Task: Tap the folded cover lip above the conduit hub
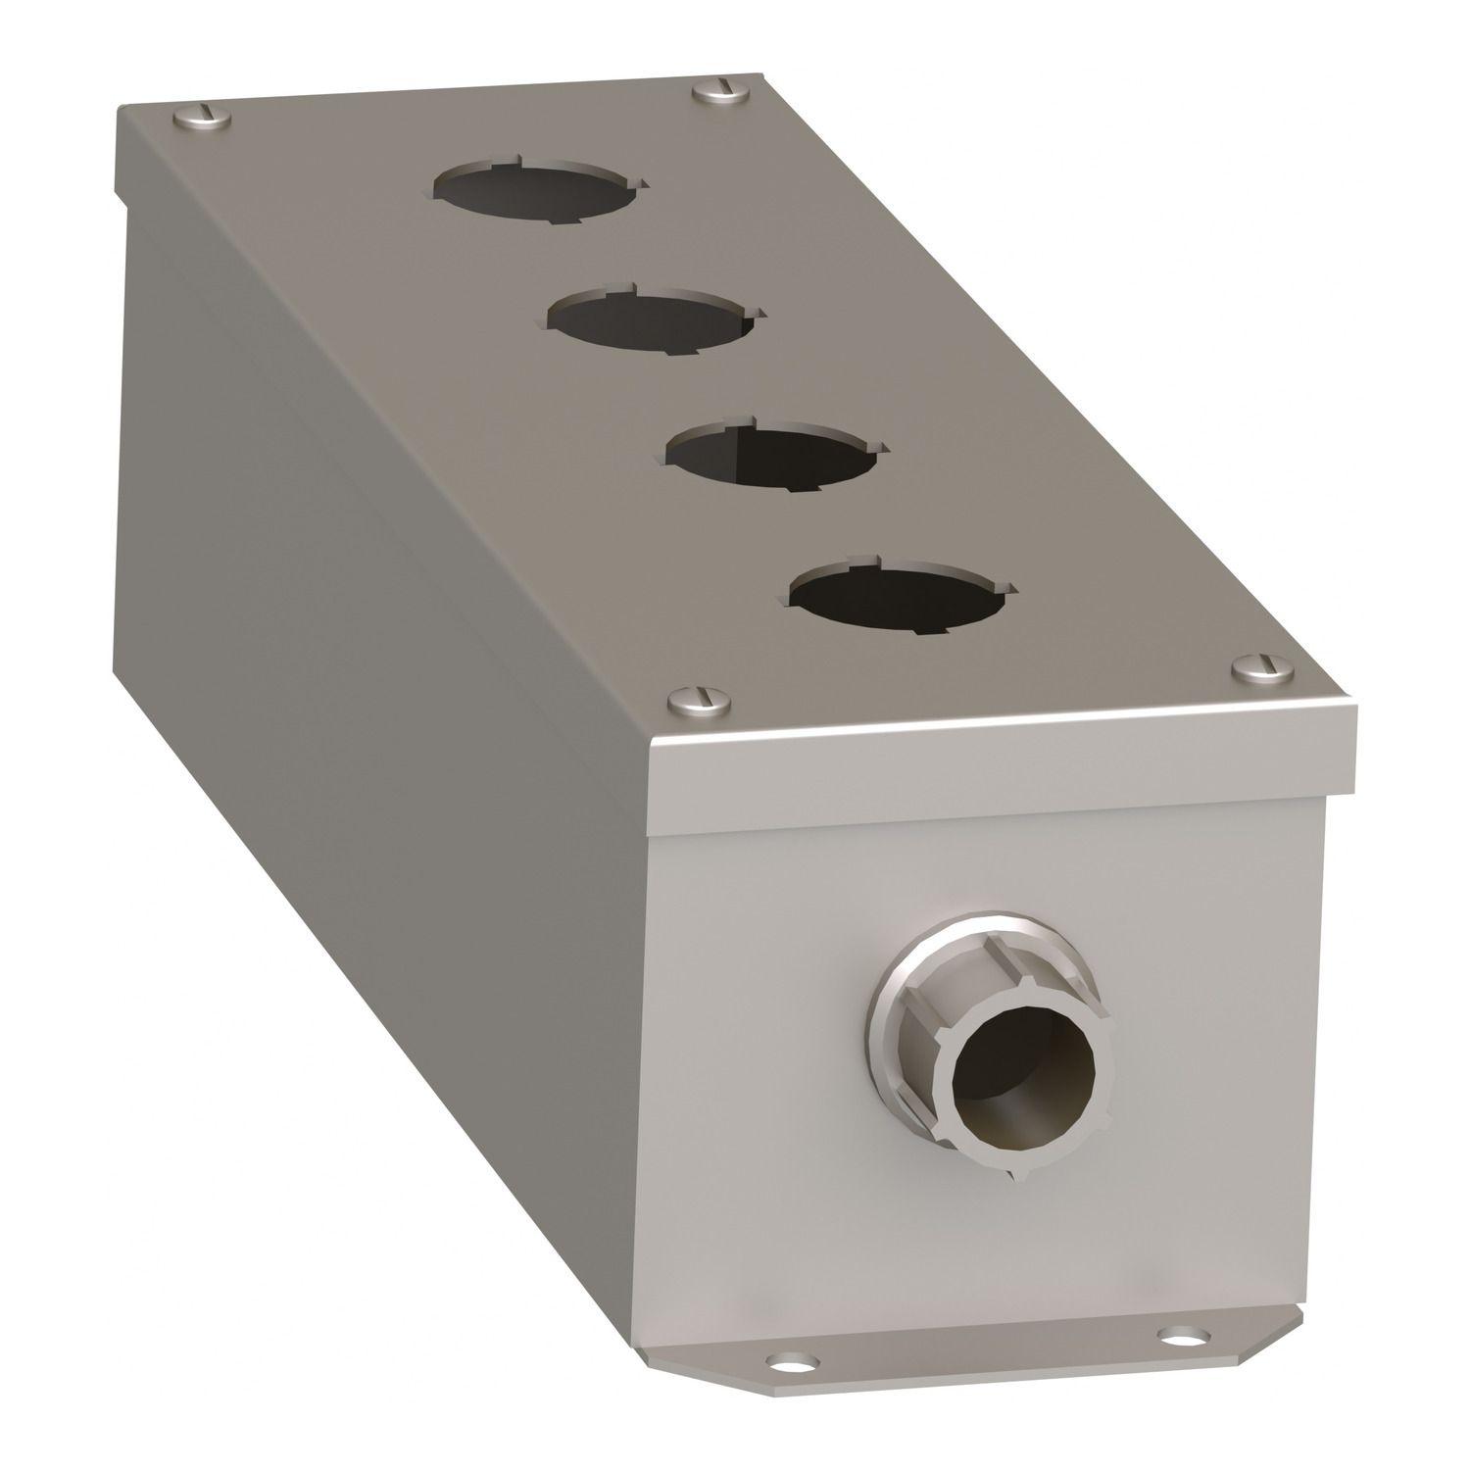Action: tap(1009, 759)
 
